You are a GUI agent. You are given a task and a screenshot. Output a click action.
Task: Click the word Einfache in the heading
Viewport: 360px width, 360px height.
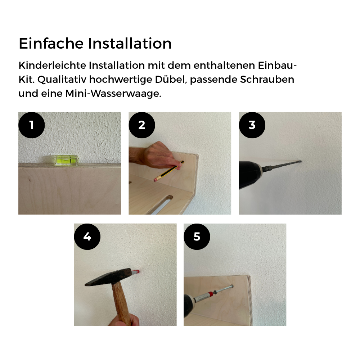click(51, 44)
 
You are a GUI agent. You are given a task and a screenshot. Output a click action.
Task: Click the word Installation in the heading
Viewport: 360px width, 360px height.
click(130, 44)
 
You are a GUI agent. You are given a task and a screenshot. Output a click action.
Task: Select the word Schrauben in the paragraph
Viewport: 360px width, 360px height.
click(267, 80)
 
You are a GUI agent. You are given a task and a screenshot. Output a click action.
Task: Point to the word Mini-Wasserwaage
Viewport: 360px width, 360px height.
click(113, 94)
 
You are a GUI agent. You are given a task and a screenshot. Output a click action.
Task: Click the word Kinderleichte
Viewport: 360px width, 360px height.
click(52, 66)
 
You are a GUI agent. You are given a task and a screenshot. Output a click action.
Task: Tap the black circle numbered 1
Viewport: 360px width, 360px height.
click(31, 125)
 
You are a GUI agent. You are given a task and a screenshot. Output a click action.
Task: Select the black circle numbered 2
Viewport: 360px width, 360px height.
click(141, 125)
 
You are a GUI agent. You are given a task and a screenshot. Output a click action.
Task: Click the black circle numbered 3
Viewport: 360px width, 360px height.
click(252, 125)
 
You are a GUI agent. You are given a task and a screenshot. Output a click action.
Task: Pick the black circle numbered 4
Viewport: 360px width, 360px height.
click(87, 237)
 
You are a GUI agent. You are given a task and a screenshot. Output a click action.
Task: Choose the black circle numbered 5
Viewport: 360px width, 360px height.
click(197, 237)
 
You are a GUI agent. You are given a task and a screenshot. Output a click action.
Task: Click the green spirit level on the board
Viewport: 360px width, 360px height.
click(66, 160)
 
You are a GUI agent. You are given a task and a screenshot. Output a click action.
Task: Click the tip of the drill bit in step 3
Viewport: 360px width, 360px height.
click(301, 161)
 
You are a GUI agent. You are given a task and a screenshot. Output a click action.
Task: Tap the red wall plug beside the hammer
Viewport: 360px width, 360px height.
click(136, 272)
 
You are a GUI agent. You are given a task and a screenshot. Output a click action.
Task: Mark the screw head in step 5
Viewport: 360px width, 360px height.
click(231, 287)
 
